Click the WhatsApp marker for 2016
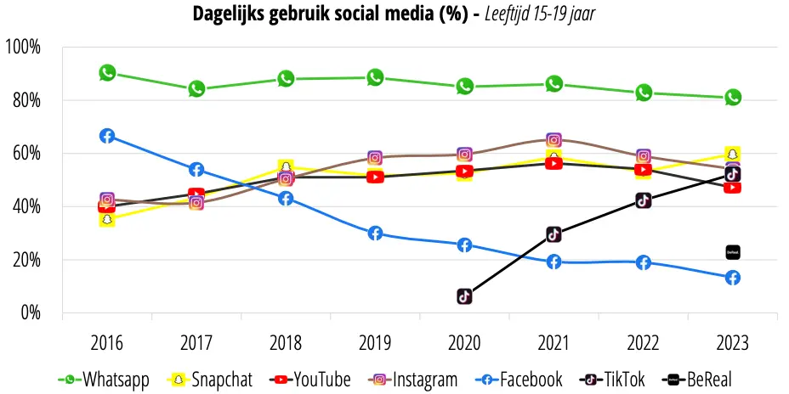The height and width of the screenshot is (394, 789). pos(107,73)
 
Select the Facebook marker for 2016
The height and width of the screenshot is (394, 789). pos(107,136)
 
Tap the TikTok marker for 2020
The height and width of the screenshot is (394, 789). pos(464,296)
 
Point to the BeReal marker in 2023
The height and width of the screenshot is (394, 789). pos(733,252)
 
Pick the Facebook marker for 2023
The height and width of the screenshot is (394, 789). pos(733,278)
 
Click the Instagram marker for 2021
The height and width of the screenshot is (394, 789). pos(553,140)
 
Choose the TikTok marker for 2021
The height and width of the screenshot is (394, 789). pos(553,234)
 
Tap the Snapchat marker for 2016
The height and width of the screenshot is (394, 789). pos(106,219)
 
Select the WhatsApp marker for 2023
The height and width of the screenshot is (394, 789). pos(733,97)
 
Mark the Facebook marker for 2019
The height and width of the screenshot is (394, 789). pos(375,234)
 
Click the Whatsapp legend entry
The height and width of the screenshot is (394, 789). pos(105,380)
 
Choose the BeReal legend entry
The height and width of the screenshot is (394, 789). pos(697,380)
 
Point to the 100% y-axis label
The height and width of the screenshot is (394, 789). pos(23,48)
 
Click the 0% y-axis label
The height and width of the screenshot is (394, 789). pos(31,313)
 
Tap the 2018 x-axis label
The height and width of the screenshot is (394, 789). pos(286,343)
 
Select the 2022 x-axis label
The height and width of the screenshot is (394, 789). pos(643,343)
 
